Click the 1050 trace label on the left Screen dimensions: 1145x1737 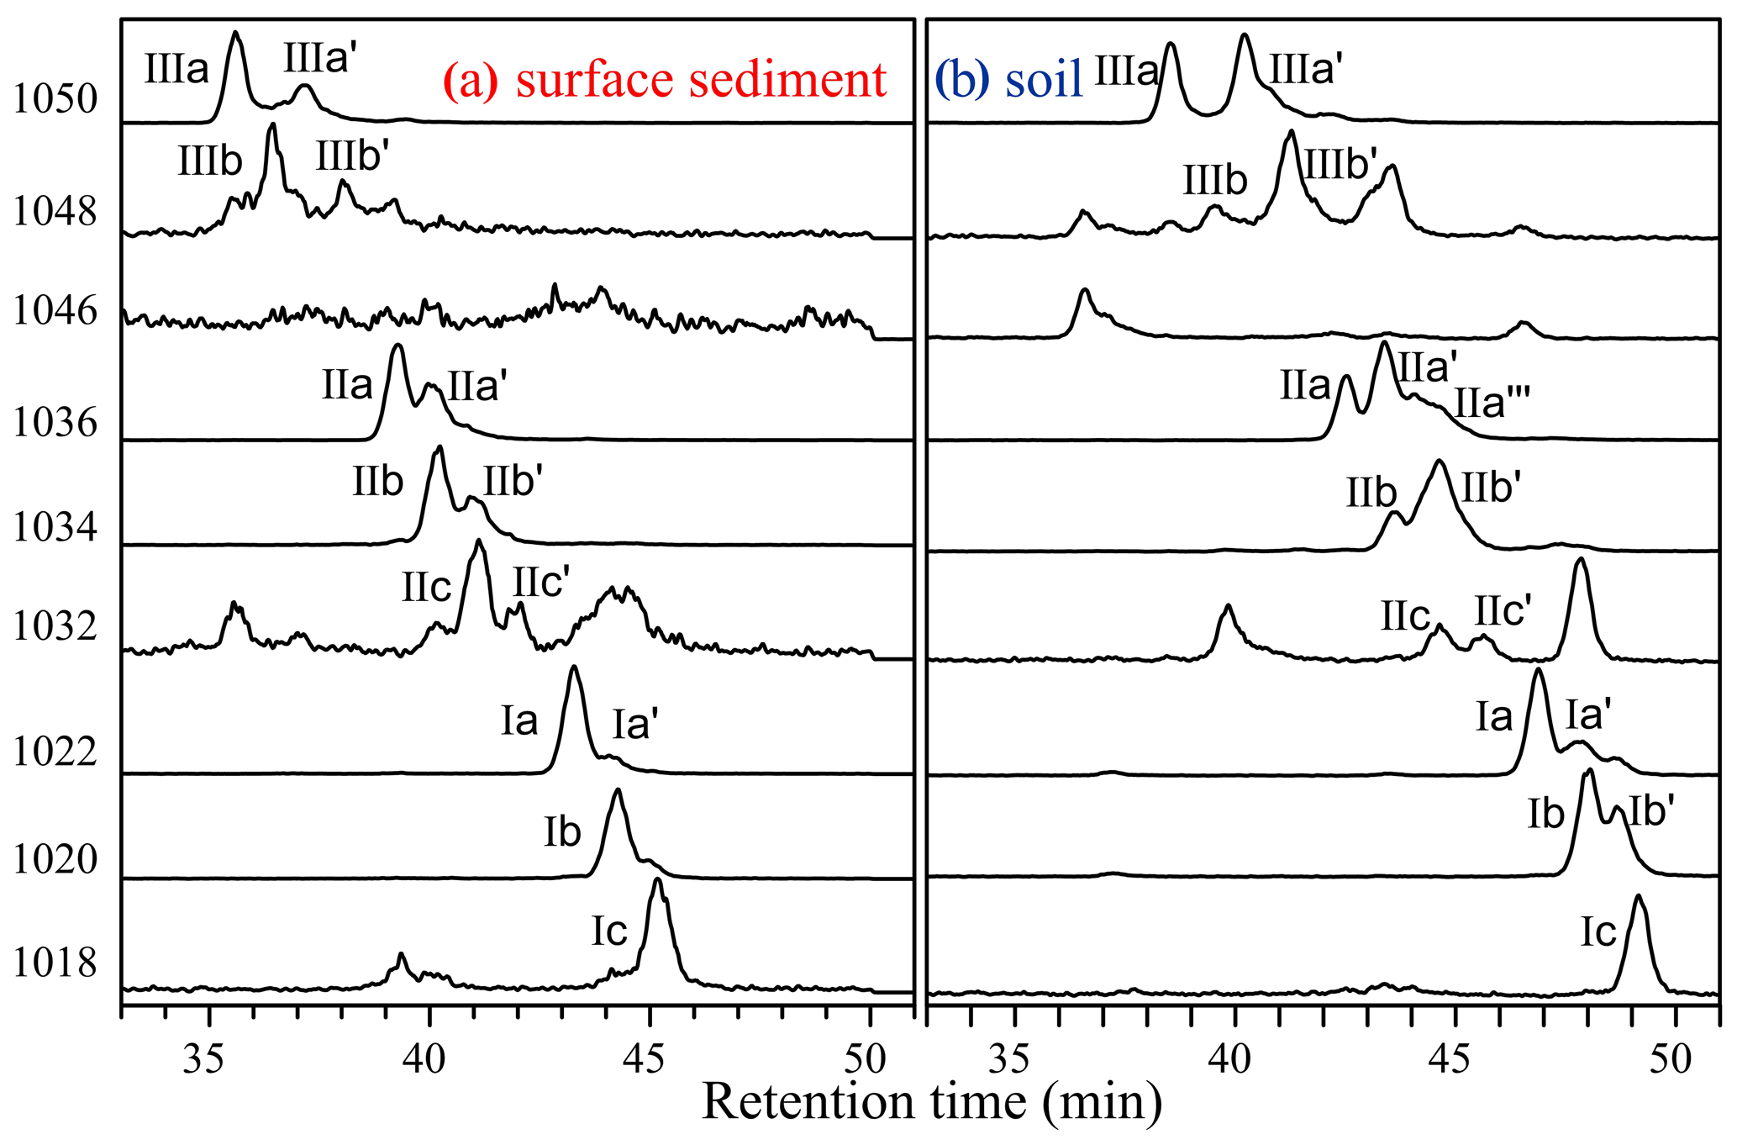click(55, 99)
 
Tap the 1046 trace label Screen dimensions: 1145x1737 click(55, 312)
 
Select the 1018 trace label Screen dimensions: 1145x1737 click(55, 963)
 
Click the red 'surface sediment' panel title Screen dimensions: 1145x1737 click(701, 81)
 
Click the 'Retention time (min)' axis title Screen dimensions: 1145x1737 click(931, 1102)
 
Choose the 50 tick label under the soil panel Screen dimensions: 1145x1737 click(1671, 1059)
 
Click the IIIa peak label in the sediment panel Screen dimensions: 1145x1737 click(176, 69)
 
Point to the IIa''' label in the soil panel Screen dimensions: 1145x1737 click(1491, 403)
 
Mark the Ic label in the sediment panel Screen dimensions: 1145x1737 click(609, 931)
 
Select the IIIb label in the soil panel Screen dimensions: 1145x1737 click(1215, 180)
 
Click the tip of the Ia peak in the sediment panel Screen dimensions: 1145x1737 click(574, 667)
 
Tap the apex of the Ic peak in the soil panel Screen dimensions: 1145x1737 click(1638, 896)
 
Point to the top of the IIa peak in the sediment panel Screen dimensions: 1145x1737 click(398, 346)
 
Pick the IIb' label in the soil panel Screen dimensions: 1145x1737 click(1492, 488)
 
